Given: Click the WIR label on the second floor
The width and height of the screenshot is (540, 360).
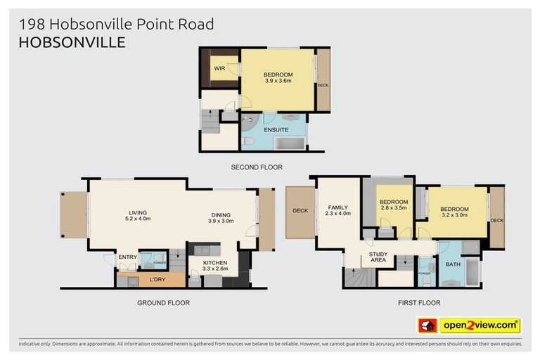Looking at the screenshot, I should [x=219, y=69].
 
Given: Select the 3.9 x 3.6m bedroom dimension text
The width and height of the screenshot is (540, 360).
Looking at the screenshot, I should [x=278, y=81].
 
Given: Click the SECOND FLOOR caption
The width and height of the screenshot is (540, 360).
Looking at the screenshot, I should [x=257, y=167].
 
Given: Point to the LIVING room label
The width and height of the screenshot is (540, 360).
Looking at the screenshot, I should [x=138, y=212].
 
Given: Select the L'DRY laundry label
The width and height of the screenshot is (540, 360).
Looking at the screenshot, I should [x=157, y=279].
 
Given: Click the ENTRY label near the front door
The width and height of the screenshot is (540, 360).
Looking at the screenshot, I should [x=127, y=257].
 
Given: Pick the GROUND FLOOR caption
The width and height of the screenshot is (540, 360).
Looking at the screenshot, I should [x=163, y=303].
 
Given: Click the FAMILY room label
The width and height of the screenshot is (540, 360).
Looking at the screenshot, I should [x=339, y=208].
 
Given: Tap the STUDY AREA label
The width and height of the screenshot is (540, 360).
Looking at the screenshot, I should [x=378, y=257].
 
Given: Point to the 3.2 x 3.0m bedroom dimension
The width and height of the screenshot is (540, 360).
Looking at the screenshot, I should [x=454, y=216].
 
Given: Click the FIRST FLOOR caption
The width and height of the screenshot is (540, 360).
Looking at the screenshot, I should [x=418, y=303].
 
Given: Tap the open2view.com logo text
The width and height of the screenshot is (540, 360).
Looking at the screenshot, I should [x=480, y=326].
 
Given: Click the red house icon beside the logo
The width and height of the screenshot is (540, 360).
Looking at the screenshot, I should [x=427, y=326].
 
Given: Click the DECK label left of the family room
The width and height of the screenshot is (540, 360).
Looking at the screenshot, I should [x=300, y=210].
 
